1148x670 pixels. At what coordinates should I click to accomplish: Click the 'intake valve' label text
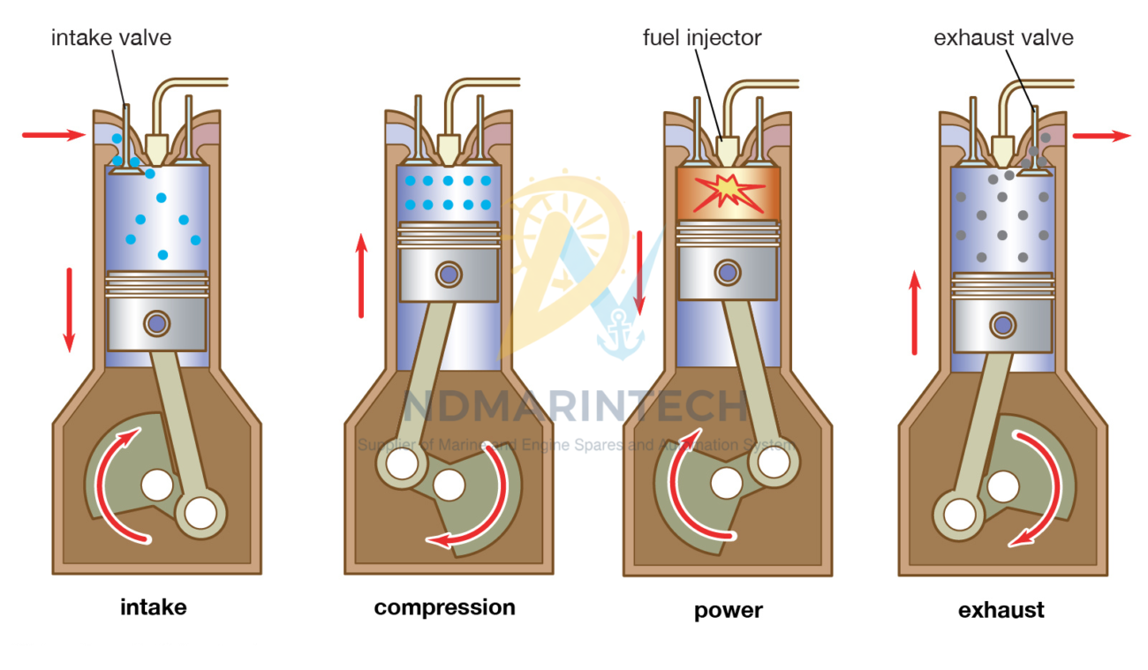click(x=111, y=38)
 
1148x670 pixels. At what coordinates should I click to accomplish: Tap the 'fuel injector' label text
click(x=702, y=38)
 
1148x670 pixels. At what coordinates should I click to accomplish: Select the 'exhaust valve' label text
click(x=1003, y=38)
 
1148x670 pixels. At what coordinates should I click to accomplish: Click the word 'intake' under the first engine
click(x=154, y=607)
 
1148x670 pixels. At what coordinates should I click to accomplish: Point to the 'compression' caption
click(x=444, y=607)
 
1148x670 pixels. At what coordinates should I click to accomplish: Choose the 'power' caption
click(x=729, y=610)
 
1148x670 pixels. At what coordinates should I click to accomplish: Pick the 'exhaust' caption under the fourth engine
click(x=1001, y=610)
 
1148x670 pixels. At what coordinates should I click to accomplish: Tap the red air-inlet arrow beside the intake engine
click(x=53, y=135)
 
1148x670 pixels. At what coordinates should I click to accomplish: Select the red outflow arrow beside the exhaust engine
click(x=1100, y=136)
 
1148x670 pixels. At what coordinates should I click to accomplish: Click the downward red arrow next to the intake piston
click(x=70, y=309)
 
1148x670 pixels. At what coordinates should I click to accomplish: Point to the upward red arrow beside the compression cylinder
click(x=361, y=275)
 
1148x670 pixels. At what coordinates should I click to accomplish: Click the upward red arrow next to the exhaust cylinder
click(x=915, y=313)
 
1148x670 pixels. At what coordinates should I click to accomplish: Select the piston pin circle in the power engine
click(x=728, y=272)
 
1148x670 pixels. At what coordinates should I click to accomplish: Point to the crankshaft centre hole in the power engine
click(x=727, y=482)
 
